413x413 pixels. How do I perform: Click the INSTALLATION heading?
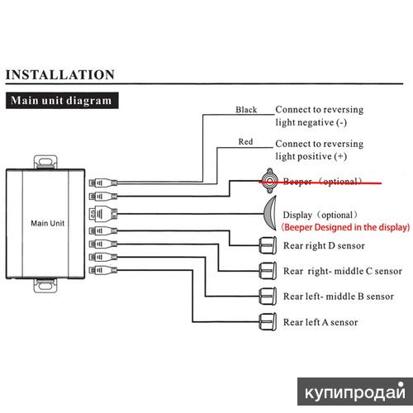(60, 75)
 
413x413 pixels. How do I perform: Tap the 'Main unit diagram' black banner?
(62, 101)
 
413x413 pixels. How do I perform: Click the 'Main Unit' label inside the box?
(48, 223)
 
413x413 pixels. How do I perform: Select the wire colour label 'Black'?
(246, 110)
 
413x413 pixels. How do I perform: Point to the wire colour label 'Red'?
(245, 142)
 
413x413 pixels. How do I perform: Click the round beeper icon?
(269, 181)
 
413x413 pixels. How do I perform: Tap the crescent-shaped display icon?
(271, 213)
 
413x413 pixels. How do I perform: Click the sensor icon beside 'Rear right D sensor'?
(268, 244)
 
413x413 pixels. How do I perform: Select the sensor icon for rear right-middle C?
(268, 271)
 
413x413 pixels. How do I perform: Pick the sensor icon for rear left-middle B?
(268, 297)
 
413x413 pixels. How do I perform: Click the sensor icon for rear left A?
(268, 321)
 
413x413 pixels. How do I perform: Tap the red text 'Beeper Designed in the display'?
(345, 227)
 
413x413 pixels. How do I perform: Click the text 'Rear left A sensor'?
(320, 322)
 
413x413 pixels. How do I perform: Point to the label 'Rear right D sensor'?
(324, 245)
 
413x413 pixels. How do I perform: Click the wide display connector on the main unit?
(103, 214)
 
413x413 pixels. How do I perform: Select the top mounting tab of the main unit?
(45, 162)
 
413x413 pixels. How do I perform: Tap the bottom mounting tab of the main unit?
(45, 285)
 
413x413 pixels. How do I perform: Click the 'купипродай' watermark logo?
(355, 392)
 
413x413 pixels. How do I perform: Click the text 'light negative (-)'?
(311, 122)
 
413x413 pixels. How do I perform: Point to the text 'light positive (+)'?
(311, 156)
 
